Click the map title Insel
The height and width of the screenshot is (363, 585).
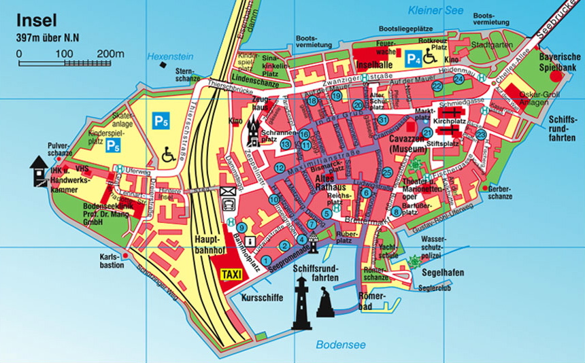pyautogui.click(x=37, y=20)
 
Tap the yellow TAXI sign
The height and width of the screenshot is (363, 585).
pyautogui.click(x=232, y=275)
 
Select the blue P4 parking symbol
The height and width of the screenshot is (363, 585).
pyautogui.click(x=413, y=59)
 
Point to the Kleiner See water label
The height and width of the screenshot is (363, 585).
pyautogui.click(x=435, y=10)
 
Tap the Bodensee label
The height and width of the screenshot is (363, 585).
pyautogui.click(x=339, y=344)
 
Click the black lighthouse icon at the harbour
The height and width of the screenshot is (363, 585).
pyautogui.click(x=301, y=307)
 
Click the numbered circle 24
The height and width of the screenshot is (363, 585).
pyautogui.click(x=458, y=79)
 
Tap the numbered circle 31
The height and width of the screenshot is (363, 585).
pyautogui.click(x=384, y=120)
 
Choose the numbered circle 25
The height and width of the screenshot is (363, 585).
pyautogui.click(x=387, y=173)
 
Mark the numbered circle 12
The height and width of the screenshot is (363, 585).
pyautogui.click(x=280, y=168)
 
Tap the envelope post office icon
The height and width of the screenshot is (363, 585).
pyautogui.click(x=227, y=191)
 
